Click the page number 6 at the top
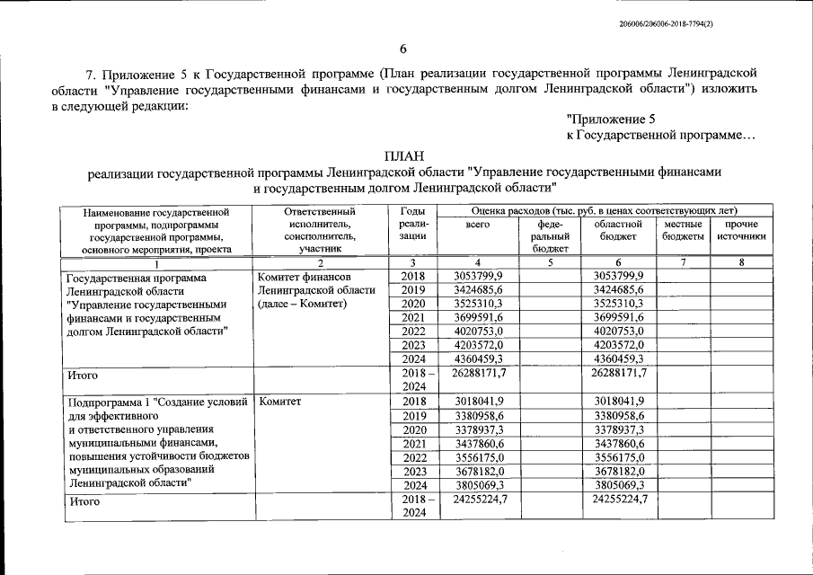(x=403, y=49)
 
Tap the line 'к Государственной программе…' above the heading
(x=661, y=135)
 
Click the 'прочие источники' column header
(x=741, y=230)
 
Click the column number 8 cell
(x=741, y=262)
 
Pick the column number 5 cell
(x=549, y=262)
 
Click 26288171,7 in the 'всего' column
(x=480, y=372)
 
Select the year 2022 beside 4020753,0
(x=413, y=331)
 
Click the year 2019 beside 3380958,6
(x=413, y=416)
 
